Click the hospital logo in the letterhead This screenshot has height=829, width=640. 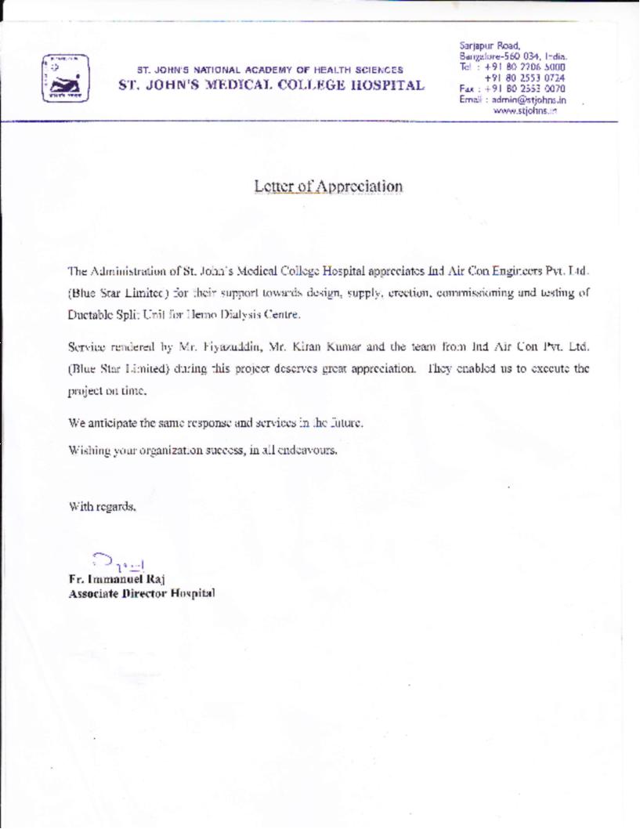(64, 78)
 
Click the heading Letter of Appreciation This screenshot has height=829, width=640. (328, 186)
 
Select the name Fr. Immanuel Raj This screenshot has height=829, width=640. (117, 579)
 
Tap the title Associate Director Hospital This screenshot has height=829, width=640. (142, 593)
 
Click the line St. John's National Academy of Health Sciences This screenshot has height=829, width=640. (270, 70)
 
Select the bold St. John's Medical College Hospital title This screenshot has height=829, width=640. (271, 85)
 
